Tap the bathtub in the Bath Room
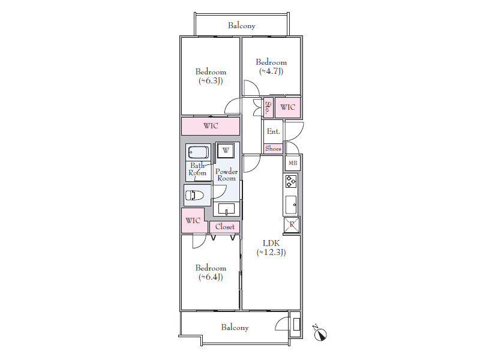(199, 152)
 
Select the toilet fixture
(194, 195)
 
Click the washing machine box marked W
(226, 151)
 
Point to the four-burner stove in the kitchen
(291, 181)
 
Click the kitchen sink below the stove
(291, 205)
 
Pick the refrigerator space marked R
(292, 224)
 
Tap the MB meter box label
(293, 163)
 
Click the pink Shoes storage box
(274, 148)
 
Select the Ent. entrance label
(274, 131)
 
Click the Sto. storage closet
(268, 107)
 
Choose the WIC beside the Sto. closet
(288, 107)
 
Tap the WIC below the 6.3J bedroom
(211, 126)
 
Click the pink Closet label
(225, 227)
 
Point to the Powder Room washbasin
(226, 209)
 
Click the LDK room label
(271, 244)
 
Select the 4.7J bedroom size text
(271, 71)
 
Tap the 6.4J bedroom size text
(211, 277)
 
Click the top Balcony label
(242, 25)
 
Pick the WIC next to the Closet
(193, 220)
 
